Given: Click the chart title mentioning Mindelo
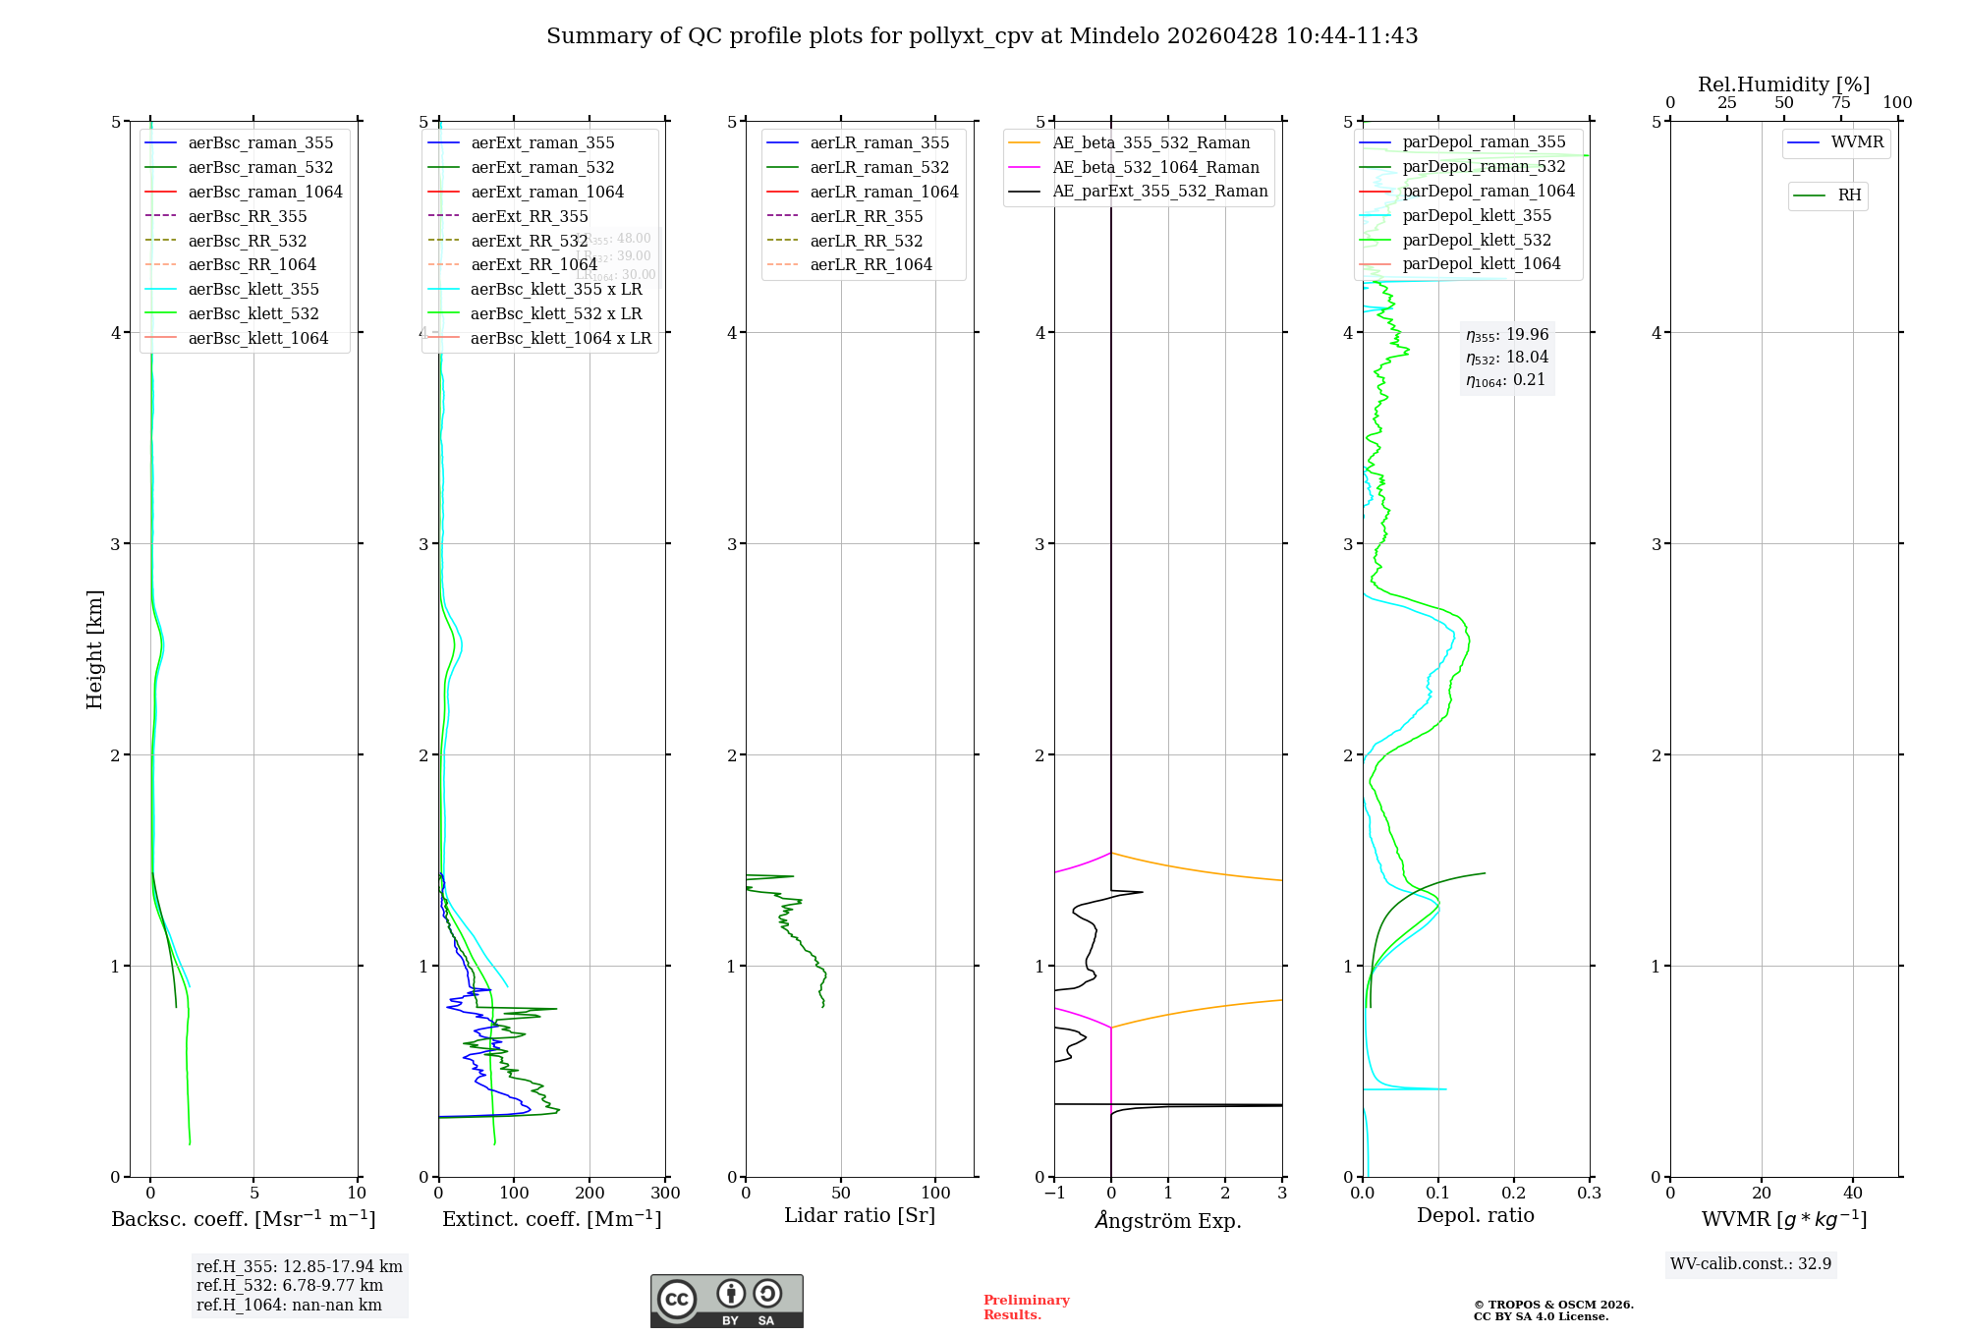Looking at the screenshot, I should tap(982, 36).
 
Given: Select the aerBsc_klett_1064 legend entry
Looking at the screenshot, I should tap(257, 338).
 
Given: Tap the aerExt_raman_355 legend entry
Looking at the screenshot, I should tap(542, 143).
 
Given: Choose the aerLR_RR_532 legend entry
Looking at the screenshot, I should tap(866, 241).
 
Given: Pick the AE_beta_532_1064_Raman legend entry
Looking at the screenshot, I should tap(1155, 167).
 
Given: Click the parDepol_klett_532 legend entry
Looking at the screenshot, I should tap(1477, 240).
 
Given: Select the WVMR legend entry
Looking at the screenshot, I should tap(1857, 142).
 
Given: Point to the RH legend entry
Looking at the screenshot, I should tap(1849, 195).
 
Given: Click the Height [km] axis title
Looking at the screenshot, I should tap(94, 648).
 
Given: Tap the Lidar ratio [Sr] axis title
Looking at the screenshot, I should tap(860, 1215).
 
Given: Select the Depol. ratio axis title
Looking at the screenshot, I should tap(1475, 1215).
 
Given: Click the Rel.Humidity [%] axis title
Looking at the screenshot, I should tap(1783, 84).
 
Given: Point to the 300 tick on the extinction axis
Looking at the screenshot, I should tap(665, 1194).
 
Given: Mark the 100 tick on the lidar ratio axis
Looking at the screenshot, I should tap(936, 1194).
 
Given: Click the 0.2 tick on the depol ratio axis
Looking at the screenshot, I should tap(1514, 1194).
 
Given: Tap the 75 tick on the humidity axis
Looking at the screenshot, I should tap(1840, 103).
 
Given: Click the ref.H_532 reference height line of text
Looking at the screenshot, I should tap(289, 1286).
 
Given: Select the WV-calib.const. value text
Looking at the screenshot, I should tap(1750, 1264).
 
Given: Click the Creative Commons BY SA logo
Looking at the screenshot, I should tap(726, 1301).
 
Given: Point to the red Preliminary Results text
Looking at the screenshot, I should tap(1026, 1308).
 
